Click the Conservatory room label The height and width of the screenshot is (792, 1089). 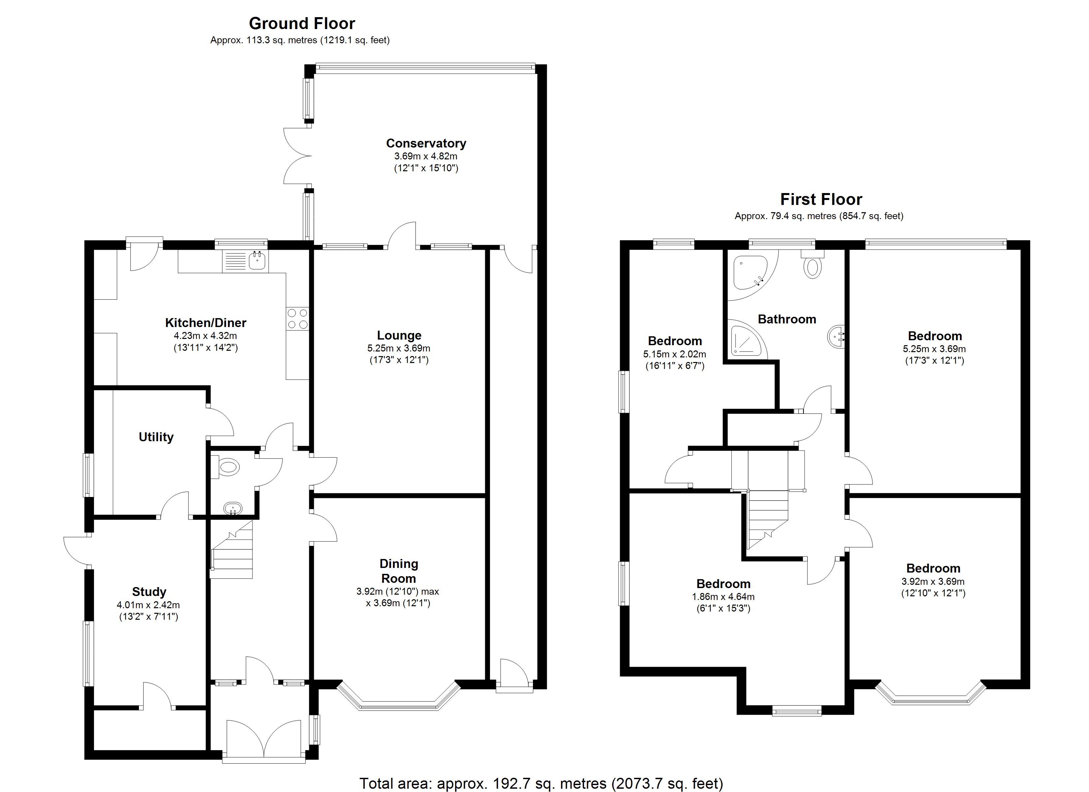click(426, 143)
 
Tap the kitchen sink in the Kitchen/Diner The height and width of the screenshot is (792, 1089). click(257, 261)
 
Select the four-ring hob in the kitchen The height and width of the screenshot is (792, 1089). click(298, 319)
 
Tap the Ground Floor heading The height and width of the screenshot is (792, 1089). click(302, 23)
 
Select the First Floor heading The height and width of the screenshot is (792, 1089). click(821, 199)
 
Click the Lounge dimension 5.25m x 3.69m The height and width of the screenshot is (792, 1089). click(399, 348)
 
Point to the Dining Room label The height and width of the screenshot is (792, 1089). click(399, 571)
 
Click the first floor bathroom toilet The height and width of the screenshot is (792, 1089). click(812, 267)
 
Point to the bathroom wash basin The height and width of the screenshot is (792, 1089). click(837, 336)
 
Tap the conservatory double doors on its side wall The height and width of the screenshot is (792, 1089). click(296, 156)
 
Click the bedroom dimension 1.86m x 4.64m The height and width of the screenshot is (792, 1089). click(723, 597)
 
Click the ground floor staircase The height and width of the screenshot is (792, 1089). click(233, 552)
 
